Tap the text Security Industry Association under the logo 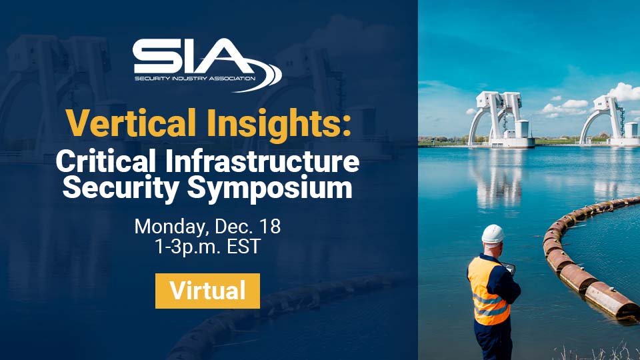195,78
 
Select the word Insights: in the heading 279,124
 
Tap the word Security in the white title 121,188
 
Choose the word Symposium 270,188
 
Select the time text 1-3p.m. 187,247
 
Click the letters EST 244,246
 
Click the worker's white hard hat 493,234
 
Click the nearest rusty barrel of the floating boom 611,300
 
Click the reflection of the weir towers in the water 498,179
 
